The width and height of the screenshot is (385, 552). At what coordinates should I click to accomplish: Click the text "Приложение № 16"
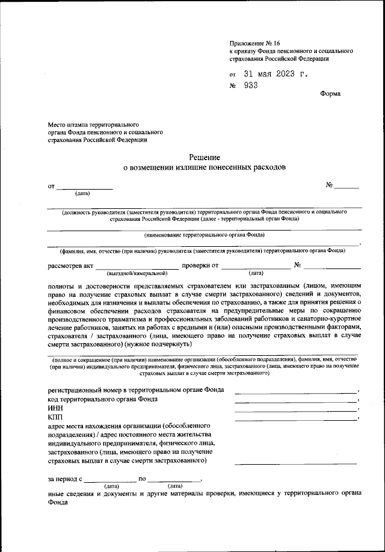[x=254, y=43]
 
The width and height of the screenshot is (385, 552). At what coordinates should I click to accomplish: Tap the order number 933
[x=251, y=85]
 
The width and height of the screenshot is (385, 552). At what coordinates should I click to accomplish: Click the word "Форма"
[x=330, y=94]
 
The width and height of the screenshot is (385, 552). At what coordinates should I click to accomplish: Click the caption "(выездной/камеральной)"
[x=137, y=273]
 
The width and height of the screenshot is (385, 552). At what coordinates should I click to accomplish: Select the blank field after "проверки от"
[x=256, y=264]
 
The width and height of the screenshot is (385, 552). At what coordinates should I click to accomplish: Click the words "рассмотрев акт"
[x=70, y=265]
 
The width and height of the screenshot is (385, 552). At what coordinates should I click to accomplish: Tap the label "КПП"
[x=55, y=417]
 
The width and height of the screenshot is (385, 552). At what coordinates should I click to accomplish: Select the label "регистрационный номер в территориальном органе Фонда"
[x=136, y=390]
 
